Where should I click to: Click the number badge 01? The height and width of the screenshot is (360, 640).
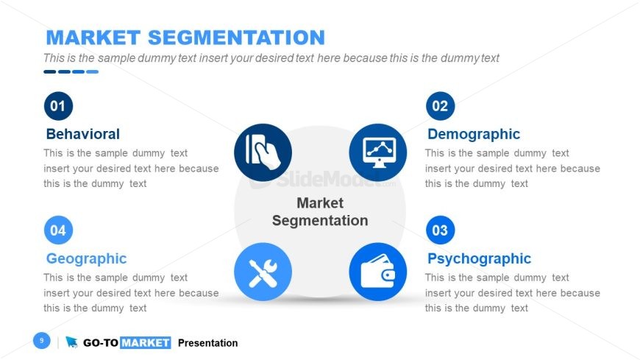tap(58, 106)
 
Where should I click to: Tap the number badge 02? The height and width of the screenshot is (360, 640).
tap(440, 106)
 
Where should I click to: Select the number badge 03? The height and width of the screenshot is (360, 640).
tap(440, 230)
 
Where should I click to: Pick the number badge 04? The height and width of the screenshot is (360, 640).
tap(58, 230)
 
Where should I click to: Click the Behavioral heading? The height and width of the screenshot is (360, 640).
tap(83, 134)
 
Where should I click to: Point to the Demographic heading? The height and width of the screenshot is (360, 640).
tap(474, 134)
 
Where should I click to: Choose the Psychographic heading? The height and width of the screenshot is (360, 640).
tap(479, 258)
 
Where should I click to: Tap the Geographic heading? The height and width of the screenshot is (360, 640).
tap(87, 258)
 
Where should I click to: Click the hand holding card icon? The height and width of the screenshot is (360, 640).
tap(263, 152)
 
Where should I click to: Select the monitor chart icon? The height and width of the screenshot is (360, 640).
tap(378, 152)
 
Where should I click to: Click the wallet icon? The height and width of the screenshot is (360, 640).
tap(378, 272)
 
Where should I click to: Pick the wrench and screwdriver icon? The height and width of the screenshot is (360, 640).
tap(263, 272)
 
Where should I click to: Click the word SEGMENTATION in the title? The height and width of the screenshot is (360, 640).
tap(236, 38)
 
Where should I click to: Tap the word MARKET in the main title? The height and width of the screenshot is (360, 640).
tap(93, 38)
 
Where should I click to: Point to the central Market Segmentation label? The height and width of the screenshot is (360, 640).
tap(320, 212)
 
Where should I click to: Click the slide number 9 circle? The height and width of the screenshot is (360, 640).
tap(42, 340)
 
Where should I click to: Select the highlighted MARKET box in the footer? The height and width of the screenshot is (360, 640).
tap(146, 342)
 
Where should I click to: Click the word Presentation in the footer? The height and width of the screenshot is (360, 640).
tap(207, 343)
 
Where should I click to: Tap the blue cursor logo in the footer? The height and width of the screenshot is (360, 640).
tap(71, 342)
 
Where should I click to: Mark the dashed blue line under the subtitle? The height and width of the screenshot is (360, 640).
tap(71, 72)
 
